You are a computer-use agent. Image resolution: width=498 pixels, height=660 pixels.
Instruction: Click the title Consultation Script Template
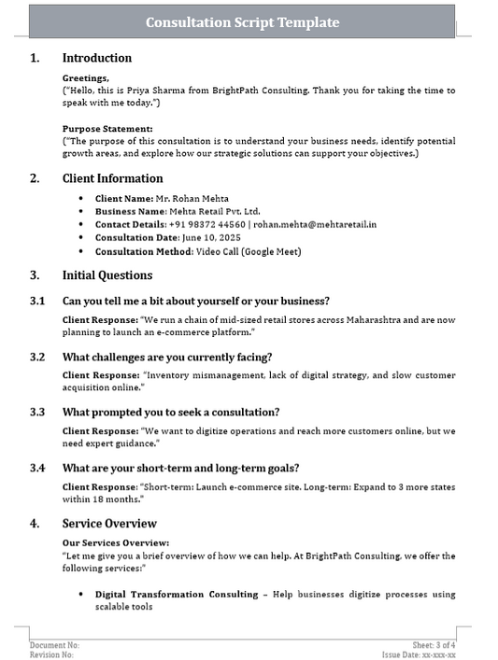click(243, 22)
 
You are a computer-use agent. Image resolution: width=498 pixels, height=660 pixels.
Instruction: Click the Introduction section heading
click(97, 58)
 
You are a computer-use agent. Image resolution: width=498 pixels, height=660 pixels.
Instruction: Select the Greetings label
click(85, 78)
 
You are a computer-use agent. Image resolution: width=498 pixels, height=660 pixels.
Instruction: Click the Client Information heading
click(112, 178)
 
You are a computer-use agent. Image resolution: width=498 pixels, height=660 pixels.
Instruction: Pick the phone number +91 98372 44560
click(207, 225)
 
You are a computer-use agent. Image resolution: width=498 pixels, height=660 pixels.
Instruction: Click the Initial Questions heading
click(107, 275)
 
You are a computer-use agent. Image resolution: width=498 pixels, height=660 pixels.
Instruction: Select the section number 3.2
click(37, 357)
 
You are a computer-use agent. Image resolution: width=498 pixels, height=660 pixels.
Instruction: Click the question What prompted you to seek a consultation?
click(171, 412)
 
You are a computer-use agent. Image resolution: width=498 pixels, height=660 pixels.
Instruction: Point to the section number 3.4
click(37, 468)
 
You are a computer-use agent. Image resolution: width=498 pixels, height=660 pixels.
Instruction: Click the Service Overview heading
click(109, 524)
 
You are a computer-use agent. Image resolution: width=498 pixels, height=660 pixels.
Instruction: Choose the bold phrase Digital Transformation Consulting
click(177, 594)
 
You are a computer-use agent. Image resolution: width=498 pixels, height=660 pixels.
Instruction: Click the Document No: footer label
click(54, 645)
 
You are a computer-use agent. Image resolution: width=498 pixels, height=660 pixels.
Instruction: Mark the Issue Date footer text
click(425, 655)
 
